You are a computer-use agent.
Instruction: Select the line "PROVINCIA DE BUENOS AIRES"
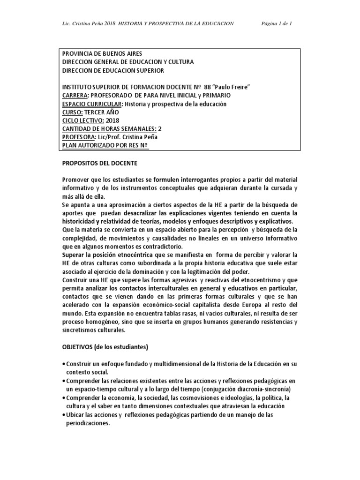(x=102, y=53)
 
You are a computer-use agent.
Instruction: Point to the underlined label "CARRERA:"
(x=75, y=96)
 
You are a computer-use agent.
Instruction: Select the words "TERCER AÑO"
(x=102, y=112)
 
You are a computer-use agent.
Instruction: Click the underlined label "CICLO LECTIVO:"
(x=82, y=121)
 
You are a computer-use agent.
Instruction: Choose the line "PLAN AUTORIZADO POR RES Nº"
(x=105, y=146)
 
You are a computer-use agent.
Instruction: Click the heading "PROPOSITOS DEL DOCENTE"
(x=100, y=165)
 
